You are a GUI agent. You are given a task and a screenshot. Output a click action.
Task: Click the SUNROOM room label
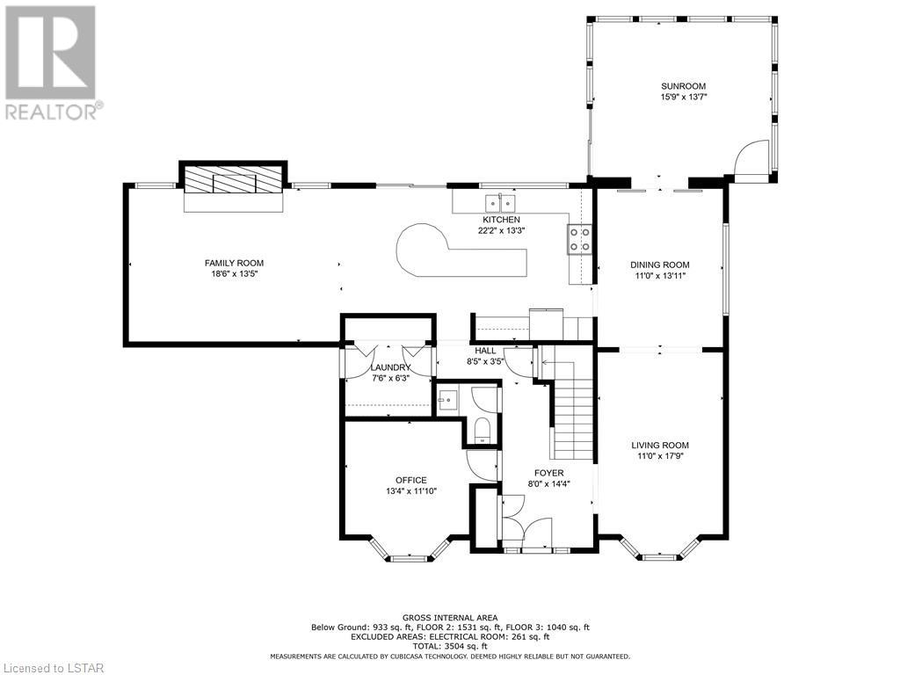coord(683,86)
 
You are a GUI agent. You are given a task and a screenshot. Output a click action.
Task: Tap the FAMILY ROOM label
coord(234,263)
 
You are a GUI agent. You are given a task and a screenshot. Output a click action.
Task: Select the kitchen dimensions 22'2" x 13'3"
coord(502,230)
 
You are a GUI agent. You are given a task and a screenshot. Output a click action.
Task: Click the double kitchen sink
coord(501,203)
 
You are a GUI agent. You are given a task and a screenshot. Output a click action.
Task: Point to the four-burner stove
coord(580,239)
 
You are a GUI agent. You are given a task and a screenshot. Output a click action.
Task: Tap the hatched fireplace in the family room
coord(234,179)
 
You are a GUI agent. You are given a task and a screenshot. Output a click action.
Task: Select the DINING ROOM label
coord(659,265)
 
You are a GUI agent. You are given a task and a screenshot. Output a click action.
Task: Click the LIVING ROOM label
coord(660,445)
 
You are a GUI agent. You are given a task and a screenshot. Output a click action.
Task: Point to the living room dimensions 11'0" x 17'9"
coord(660,456)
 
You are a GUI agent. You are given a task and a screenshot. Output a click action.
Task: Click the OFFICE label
coord(411,480)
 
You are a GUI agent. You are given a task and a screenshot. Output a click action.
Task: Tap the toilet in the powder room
coord(482,431)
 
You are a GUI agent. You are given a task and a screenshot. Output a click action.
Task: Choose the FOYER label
coord(548,472)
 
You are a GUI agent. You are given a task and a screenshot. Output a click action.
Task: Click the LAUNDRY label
coord(390,367)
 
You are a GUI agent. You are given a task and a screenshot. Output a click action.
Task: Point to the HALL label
coord(485,351)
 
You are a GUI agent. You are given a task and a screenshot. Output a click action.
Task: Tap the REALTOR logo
coord(54,63)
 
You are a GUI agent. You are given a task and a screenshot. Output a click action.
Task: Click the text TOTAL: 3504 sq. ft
coord(450,646)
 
